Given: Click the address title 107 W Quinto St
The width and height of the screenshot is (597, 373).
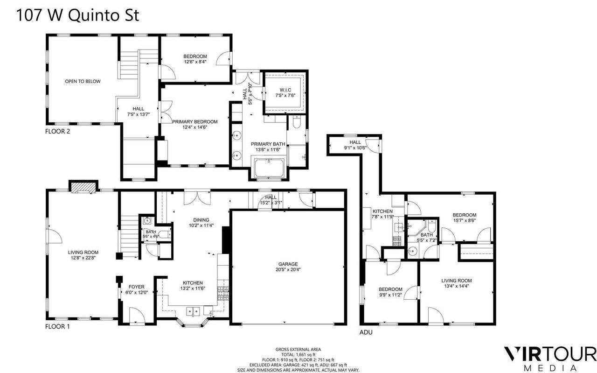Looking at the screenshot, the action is [77, 15].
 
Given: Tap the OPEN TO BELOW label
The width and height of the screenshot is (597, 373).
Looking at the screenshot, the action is [83, 81].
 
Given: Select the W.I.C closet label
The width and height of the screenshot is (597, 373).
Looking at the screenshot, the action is [285, 90].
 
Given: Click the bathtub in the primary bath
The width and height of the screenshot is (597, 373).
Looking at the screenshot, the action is [269, 168].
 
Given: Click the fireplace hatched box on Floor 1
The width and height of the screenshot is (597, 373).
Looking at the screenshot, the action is [83, 187].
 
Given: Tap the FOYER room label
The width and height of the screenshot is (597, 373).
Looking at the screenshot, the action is [137, 287].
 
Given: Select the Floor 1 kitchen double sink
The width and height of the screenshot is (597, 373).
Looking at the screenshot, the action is [193, 311].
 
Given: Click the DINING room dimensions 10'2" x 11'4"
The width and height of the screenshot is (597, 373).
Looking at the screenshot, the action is [201, 225].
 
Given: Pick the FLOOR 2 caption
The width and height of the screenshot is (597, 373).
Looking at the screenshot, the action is [57, 131].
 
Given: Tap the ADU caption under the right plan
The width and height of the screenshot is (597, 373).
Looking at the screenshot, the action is [366, 332].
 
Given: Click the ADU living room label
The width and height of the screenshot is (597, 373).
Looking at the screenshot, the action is [457, 281].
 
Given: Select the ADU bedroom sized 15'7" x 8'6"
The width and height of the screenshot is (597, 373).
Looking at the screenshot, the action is [465, 218].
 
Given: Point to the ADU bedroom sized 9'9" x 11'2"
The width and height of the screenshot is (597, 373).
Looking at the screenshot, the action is [390, 292].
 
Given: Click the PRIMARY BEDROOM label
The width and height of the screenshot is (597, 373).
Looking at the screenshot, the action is [195, 122].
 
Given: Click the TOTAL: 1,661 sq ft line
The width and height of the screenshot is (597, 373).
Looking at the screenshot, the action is [298, 355].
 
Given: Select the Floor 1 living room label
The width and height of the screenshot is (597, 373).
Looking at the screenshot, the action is [83, 253].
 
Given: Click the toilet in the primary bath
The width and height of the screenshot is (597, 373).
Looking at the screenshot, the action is [297, 122].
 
